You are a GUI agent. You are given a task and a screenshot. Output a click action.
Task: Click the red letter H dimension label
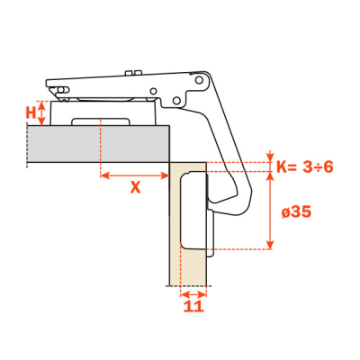tap(31, 113)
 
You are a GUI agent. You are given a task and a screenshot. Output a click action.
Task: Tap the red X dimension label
tap(135, 187)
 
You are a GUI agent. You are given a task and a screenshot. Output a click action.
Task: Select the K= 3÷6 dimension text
tap(305, 166)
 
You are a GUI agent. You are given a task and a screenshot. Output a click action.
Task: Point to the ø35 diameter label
tap(296, 212)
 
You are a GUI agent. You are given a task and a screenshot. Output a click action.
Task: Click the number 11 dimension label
tap(193, 306)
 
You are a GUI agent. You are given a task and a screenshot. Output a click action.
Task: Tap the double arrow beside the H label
tap(42, 113)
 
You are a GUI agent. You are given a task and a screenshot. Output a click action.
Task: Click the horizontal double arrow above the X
tap(134, 175)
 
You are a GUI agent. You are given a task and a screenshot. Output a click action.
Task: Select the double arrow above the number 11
tap(193, 294)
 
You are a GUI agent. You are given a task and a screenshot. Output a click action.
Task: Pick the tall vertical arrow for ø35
tap(271, 211)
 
